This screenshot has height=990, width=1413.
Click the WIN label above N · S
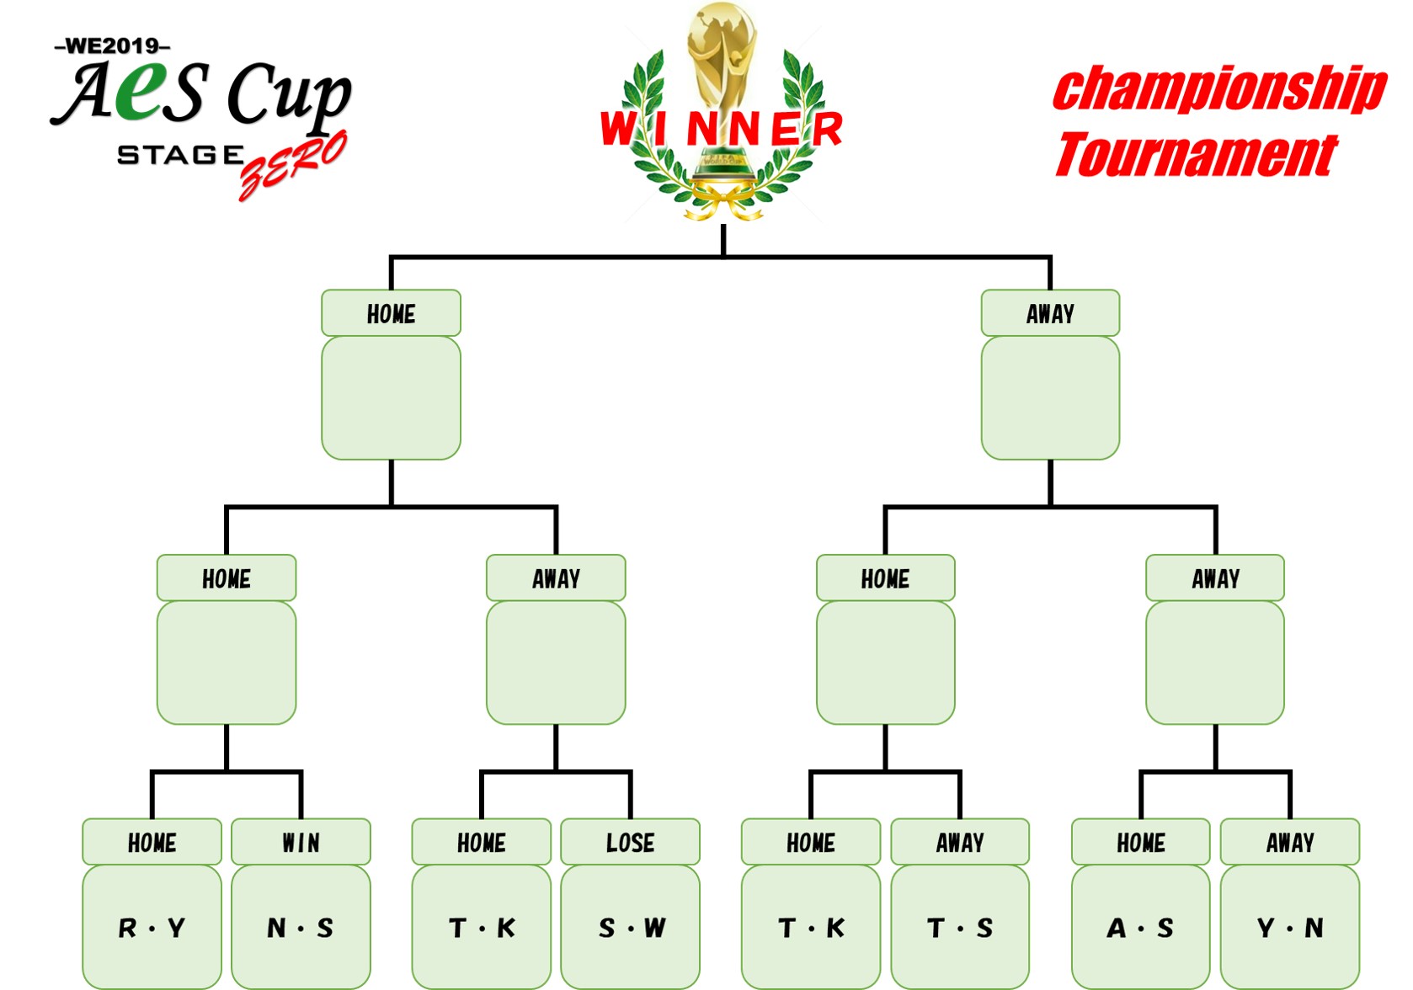pyautogui.click(x=301, y=843)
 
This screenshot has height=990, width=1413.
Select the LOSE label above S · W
pyautogui.click(x=630, y=843)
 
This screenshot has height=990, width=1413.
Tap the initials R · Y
pyautogui.click(x=152, y=928)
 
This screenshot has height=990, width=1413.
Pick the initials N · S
pyautogui.click(x=301, y=928)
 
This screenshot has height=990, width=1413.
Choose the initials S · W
pyautogui.click(x=632, y=928)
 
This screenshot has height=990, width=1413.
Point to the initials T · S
pyautogui.click(x=960, y=928)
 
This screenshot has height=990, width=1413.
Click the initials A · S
pyautogui.click(x=1140, y=928)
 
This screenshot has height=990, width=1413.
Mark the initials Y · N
pyautogui.click(x=1290, y=928)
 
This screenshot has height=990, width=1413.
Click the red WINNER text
pyautogui.click(x=722, y=129)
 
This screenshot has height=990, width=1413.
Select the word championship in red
pyautogui.click(x=1219, y=88)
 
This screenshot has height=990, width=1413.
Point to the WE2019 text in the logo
pyautogui.click(x=112, y=45)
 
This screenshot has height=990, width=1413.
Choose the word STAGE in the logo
pyautogui.click(x=180, y=155)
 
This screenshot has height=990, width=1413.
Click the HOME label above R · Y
pyautogui.click(x=152, y=843)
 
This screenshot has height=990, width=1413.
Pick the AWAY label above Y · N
pyautogui.click(x=1290, y=843)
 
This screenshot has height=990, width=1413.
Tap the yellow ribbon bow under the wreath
pyautogui.click(x=722, y=202)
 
